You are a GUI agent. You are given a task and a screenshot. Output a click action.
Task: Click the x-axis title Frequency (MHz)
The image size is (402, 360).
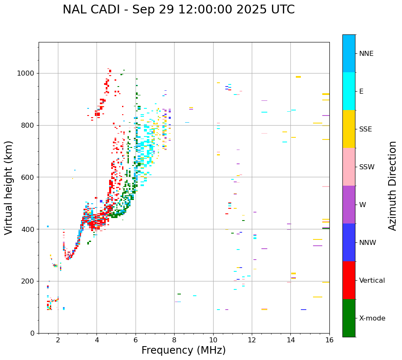point(183,350)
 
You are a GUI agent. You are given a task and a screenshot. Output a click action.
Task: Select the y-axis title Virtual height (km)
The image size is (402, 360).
point(9,187)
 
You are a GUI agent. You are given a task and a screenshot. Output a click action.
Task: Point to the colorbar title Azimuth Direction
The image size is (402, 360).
point(392,186)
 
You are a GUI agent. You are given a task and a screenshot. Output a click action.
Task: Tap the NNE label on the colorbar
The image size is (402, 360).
point(366,54)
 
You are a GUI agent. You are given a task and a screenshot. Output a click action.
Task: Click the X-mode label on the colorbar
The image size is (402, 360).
point(372,318)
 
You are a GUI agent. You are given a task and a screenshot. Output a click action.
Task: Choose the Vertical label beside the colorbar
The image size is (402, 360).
point(372,281)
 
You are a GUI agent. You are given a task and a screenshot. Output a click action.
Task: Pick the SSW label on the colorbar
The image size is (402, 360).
point(367,167)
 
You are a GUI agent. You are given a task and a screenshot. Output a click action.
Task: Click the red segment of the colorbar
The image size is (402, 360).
point(349,280)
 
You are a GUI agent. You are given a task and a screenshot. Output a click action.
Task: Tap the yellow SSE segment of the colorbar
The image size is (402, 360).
point(349,129)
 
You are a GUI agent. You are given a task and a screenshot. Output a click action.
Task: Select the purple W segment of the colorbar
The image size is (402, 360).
point(349,205)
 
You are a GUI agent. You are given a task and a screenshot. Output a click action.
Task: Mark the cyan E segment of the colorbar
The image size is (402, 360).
point(349,91)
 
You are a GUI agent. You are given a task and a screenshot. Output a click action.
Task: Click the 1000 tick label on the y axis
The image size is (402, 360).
point(26,74)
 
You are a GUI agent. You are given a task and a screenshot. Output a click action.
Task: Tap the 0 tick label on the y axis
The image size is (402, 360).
point(33,333)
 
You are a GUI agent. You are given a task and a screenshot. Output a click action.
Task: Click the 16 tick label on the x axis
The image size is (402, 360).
point(329,340)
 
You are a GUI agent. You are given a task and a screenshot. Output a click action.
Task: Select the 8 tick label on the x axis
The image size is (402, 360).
point(174,340)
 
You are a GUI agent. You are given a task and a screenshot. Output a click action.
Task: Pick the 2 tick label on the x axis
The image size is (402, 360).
point(58,340)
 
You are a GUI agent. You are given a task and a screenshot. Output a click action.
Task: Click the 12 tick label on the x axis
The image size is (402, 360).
point(252,340)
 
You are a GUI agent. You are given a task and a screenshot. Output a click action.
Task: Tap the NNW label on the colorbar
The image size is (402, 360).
point(368,243)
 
